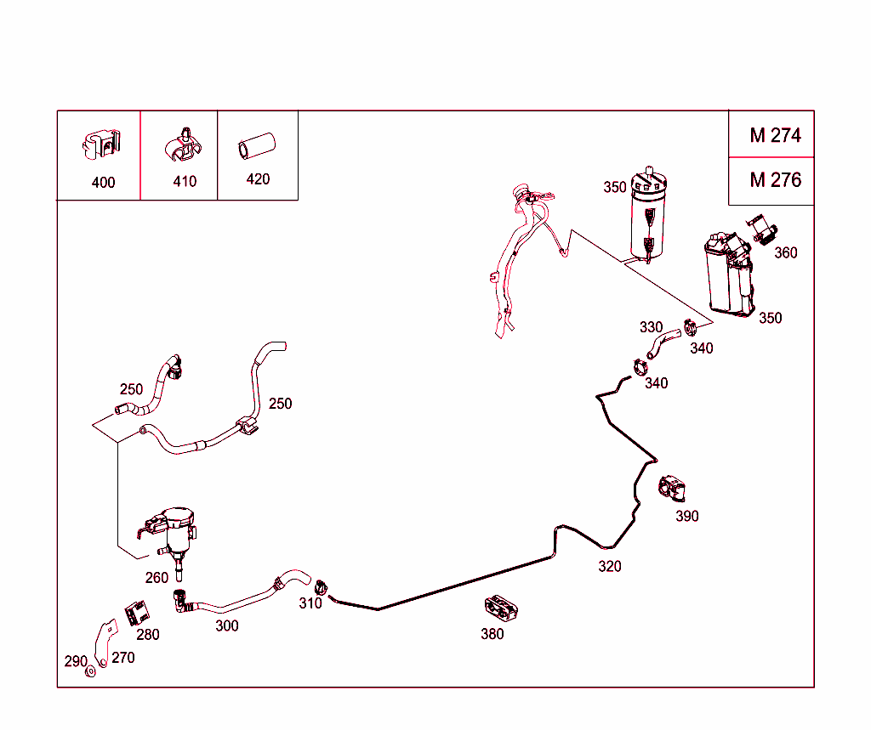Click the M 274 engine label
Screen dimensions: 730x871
(775, 135)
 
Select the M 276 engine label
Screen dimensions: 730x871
(775, 180)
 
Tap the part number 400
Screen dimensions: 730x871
(103, 183)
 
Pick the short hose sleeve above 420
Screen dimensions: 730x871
(254, 146)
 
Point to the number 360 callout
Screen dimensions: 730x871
(786, 252)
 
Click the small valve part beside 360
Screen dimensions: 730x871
(762, 229)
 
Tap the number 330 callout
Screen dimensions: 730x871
(651, 327)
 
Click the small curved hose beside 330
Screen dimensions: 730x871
(660, 344)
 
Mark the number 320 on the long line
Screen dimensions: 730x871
(609, 567)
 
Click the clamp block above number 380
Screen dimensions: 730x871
(501, 607)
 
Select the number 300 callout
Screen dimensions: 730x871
(227, 626)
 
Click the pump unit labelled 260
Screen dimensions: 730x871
(174, 530)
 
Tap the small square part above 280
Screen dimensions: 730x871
(136, 612)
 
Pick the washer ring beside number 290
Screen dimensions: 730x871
(90, 672)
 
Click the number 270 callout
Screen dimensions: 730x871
(123, 657)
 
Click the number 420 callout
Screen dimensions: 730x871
(258, 179)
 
